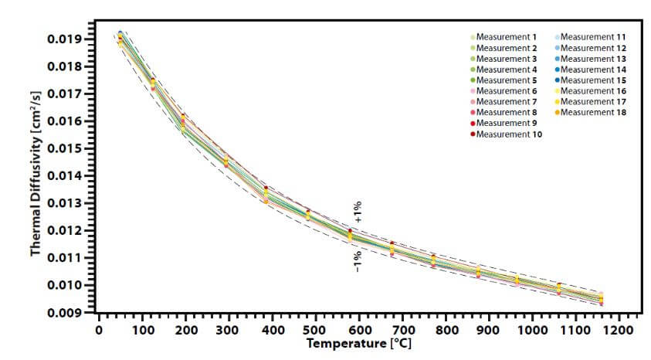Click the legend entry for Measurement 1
[x=506, y=37]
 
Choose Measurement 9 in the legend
[x=506, y=124]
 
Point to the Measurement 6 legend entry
[x=506, y=91]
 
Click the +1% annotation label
[x=358, y=212]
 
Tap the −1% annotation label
[x=358, y=261]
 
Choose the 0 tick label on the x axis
[x=99, y=329]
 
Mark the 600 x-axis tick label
[x=358, y=329]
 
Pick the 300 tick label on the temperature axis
[x=229, y=329]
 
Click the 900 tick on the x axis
[x=487, y=329]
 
